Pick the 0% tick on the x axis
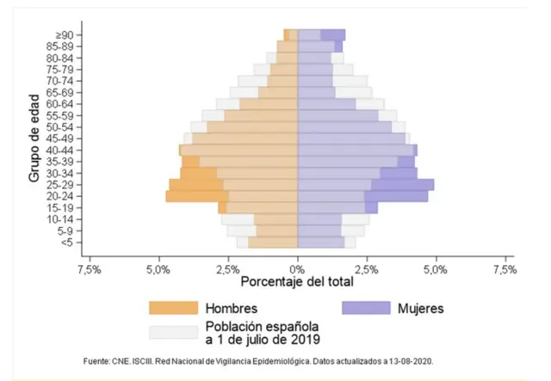[x=298, y=269]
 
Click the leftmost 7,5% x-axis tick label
[x=90, y=269]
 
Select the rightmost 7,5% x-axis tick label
[x=505, y=269]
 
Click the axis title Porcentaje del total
[x=297, y=282]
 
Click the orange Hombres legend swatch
[x=172, y=307]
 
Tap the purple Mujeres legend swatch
[x=365, y=307]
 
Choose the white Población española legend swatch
[x=172, y=333]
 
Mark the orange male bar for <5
[x=273, y=243]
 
